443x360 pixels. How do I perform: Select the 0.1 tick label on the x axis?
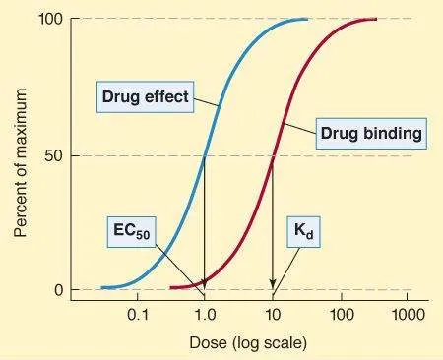coord(137,316)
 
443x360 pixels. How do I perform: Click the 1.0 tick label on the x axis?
coord(205,316)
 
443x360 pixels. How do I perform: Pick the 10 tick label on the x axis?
coord(273,316)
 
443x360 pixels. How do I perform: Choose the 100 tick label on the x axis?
coord(341,316)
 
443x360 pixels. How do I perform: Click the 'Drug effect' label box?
coord(145,97)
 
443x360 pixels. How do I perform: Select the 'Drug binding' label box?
coord(370,132)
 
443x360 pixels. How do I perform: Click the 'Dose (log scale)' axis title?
coord(248,343)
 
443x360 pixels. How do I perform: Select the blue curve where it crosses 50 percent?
coord(205,155)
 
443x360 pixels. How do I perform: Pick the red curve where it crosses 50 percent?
coord(273,155)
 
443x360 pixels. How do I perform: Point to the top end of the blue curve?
coord(306,19)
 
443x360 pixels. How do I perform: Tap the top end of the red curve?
coord(376,19)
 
